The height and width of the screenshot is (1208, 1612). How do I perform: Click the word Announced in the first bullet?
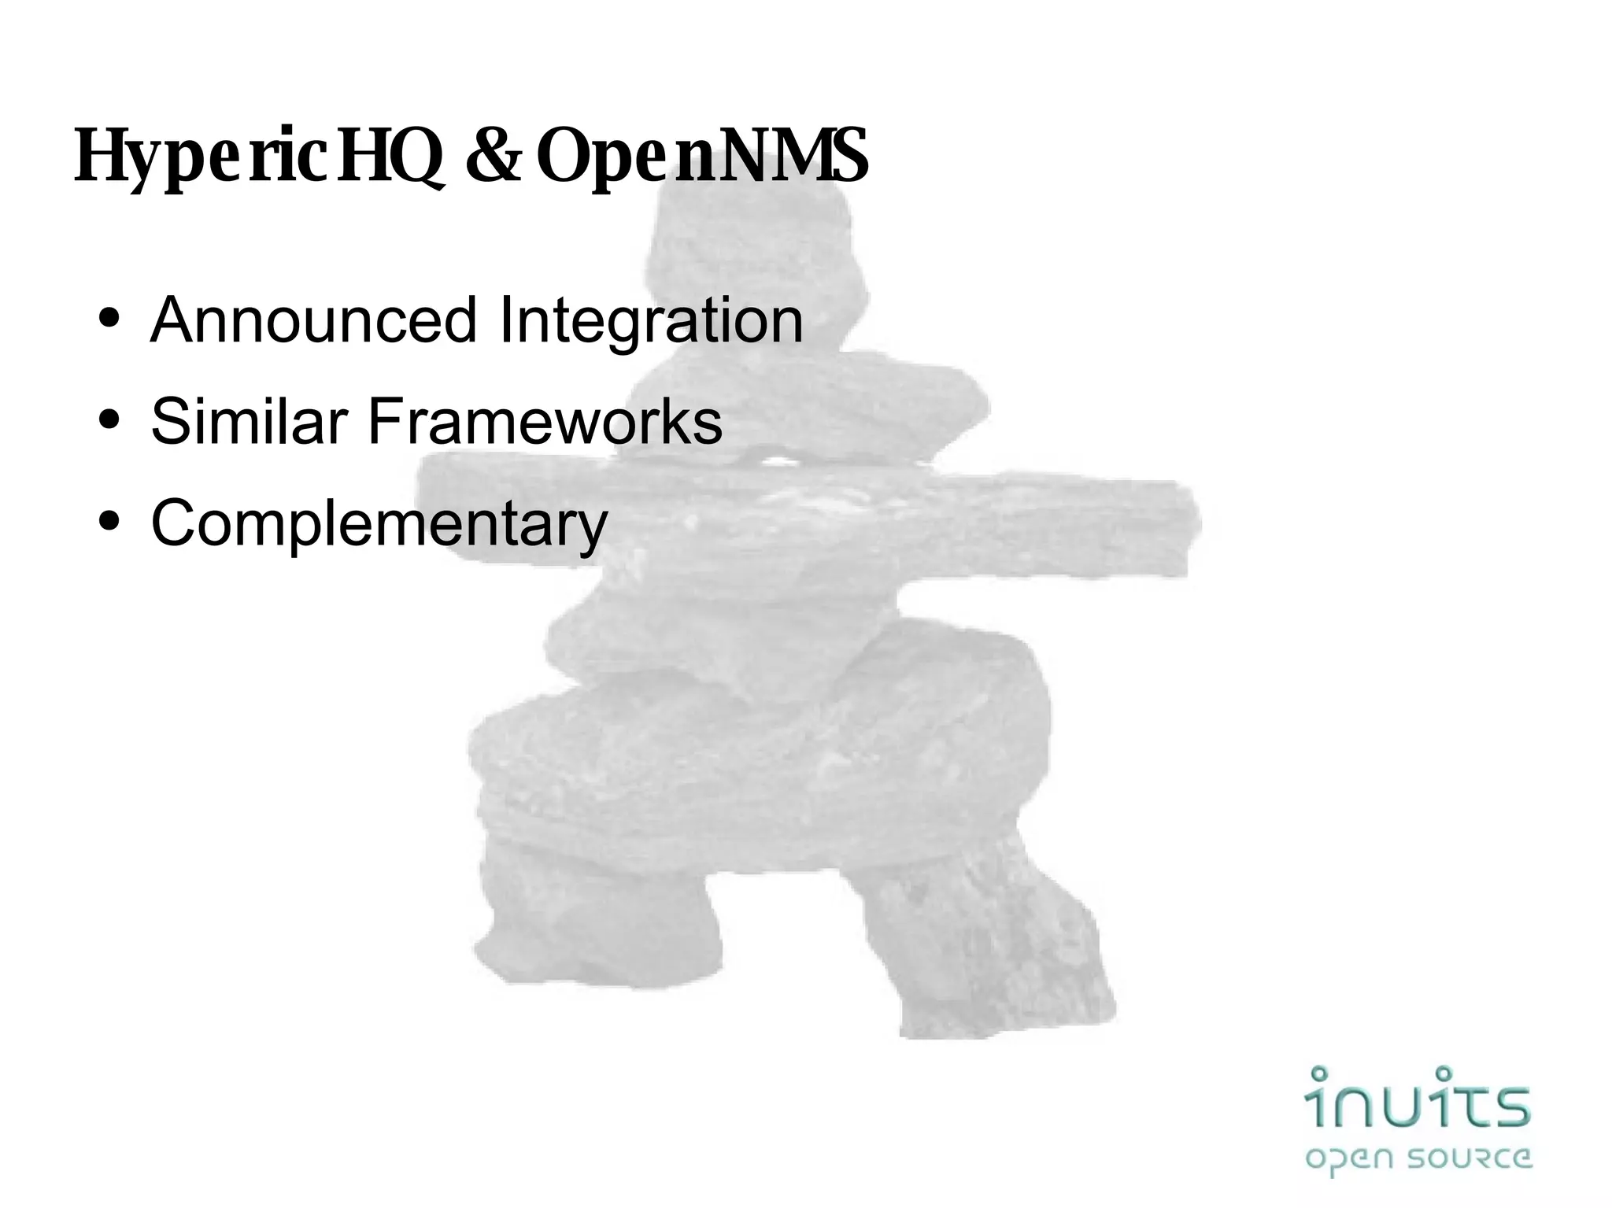click(x=313, y=320)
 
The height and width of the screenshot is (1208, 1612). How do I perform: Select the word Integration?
click(x=651, y=322)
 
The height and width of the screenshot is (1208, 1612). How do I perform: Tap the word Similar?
click(x=249, y=422)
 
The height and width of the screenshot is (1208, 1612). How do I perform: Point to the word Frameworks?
click(x=544, y=422)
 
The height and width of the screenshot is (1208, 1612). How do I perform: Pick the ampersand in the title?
click(x=494, y=156)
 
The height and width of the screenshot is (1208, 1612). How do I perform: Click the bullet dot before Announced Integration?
click(x=110, y=320)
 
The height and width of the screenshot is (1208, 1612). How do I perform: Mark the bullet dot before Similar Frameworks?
click(x=110, y=422)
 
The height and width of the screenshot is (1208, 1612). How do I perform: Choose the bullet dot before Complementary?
click(x=110, y=523)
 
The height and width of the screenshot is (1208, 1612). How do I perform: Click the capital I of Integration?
click(x=506, y=320)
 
